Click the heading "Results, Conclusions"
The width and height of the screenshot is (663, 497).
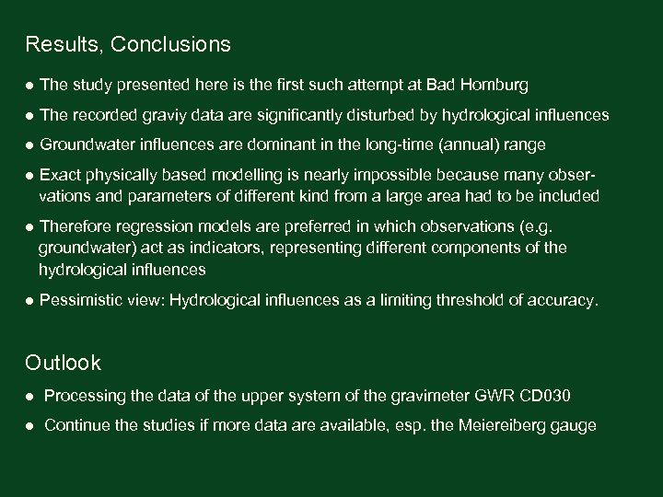(128, 44)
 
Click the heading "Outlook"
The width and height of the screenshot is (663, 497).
(64, 363)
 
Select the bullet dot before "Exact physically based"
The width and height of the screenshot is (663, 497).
(30, 174)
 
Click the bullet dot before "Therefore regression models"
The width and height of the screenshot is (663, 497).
(30, 225)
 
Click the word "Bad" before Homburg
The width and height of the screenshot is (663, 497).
(441, 86)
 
